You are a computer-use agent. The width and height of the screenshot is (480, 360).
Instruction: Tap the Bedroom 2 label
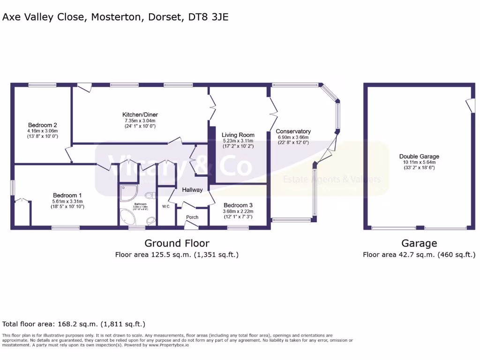coord(42,125)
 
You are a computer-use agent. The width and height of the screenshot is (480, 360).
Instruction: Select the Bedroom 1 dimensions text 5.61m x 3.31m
coord(67,202)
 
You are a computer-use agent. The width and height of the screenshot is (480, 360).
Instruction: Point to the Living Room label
coord(238,135)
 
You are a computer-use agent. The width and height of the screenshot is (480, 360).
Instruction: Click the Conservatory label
coord(293,131)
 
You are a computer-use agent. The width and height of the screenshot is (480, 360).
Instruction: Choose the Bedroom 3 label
coord(238,205)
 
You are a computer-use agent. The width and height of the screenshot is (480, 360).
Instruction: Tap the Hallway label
coord(192,190)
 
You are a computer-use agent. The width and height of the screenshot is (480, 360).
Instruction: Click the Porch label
coord(192,217)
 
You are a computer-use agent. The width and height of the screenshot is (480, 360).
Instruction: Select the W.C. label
coord(166,206)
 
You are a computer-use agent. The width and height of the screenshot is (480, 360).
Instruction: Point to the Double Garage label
coord(419,157)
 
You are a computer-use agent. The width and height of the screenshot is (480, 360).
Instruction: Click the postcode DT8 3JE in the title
coord(208,17)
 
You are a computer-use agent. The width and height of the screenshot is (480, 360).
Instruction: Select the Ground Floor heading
coord(177,243)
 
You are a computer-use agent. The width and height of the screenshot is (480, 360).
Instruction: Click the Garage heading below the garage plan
coord(419,243)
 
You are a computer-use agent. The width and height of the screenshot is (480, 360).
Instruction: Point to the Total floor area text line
coord(74,324)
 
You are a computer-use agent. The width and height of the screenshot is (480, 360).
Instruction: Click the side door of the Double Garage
coord(469,105)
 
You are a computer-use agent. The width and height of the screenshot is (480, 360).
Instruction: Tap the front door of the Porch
coord(191,225)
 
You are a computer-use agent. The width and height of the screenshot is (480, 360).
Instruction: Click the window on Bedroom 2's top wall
coord(42,85)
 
